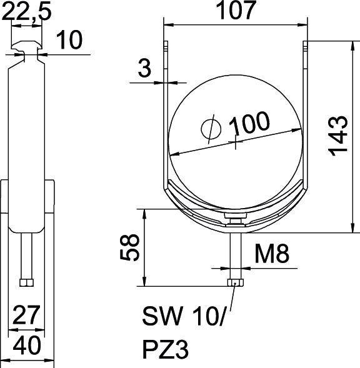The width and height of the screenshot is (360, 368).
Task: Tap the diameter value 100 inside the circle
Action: click(x=250, y=124)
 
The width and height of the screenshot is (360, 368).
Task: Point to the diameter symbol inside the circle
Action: click(x=211, y=129)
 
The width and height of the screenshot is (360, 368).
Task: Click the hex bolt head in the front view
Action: click(x=235, y=283)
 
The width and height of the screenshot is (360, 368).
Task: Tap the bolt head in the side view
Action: click(x=26, y=283)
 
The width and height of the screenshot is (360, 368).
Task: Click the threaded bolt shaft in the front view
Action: click(x=235, y=253)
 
